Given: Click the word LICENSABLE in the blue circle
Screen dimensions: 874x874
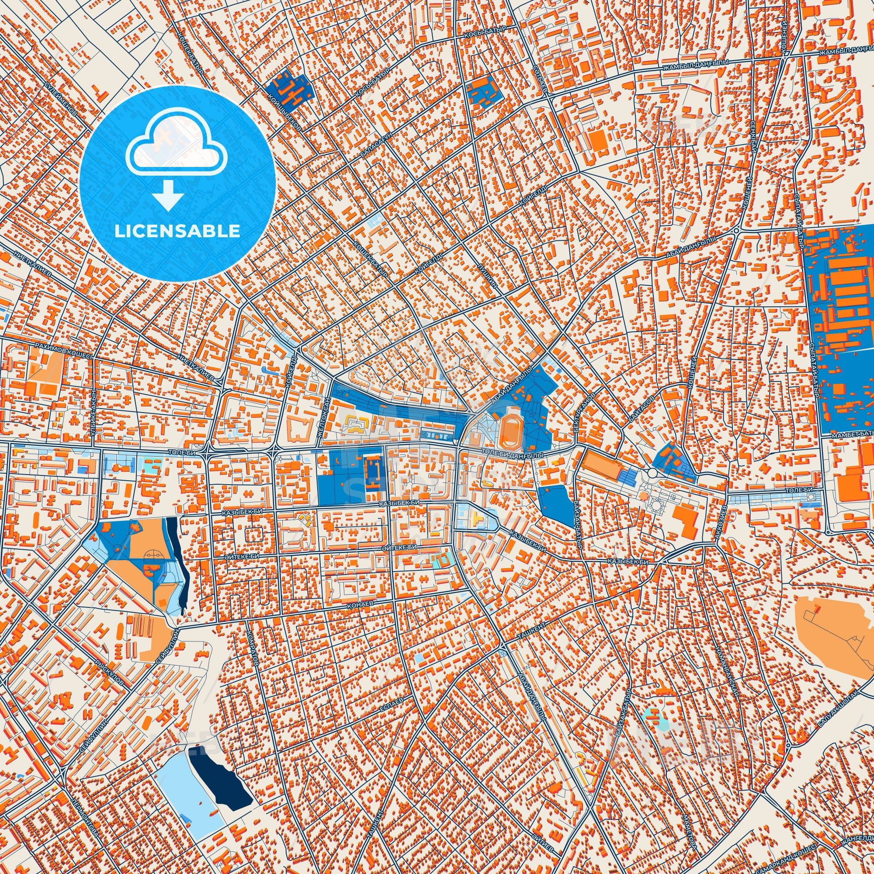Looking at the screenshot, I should click(177, 231).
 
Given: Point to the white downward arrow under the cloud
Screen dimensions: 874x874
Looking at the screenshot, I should click(168, 195).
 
